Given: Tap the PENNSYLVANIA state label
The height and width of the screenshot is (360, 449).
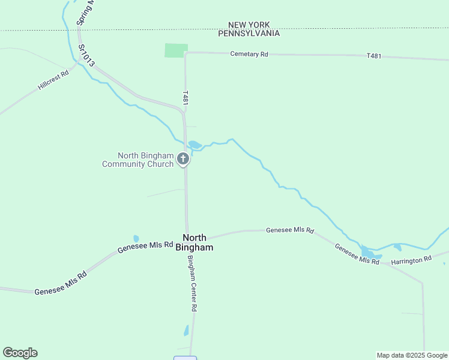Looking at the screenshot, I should point(249,34).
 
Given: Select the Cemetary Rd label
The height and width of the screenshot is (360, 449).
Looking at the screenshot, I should point(249,54).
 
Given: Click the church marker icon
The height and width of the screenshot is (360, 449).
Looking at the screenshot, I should point(184,159).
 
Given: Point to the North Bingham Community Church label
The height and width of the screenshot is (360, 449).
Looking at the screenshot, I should point(138,160).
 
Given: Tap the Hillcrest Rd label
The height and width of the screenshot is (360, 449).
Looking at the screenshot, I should point(54,78).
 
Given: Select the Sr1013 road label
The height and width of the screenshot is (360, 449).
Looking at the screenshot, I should point(86,55).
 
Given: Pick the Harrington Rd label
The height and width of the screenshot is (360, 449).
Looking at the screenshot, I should point(411,260).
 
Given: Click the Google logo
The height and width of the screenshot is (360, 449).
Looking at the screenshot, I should point(20,353).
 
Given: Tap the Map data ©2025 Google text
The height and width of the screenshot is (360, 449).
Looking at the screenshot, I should point(412,355).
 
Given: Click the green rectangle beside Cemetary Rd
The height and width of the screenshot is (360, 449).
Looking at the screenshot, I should point(176,50).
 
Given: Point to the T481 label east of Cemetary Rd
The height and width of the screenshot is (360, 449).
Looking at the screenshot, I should point(373,56).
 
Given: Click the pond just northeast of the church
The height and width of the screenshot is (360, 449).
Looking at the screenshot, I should point(195,145).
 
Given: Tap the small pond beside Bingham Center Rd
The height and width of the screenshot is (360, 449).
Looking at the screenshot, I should point(186,330).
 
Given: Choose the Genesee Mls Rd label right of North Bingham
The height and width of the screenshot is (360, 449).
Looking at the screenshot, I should point(290,230).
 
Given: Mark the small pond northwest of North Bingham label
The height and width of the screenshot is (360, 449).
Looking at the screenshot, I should point(136,238).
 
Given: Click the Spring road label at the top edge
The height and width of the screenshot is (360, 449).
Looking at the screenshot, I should point(84,12).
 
